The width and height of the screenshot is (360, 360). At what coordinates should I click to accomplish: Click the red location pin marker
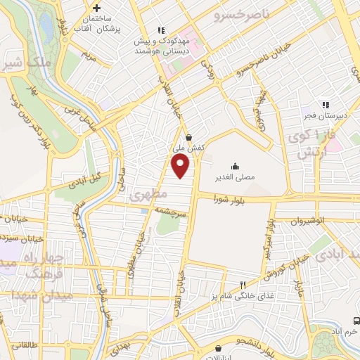(x=181, y=167)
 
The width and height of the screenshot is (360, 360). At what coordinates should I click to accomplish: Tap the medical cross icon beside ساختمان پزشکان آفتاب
(x=98, y=8)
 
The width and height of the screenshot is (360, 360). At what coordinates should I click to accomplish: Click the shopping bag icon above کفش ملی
(x=188, y=138)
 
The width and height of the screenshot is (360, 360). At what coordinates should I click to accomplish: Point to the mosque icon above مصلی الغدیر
(x=235, y=166)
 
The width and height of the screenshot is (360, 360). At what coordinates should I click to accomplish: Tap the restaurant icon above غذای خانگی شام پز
(x=242, y=285)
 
